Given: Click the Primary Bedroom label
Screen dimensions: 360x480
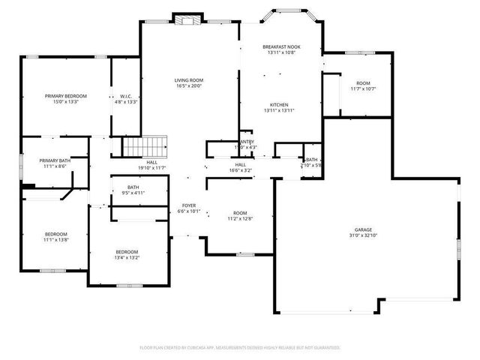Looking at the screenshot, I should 66,96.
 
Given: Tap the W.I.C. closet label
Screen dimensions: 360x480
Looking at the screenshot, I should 126,96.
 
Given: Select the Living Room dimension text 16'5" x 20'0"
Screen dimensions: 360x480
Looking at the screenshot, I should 189,86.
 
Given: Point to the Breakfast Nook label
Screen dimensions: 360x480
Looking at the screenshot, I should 281,47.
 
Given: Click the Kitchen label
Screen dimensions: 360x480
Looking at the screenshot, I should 279,104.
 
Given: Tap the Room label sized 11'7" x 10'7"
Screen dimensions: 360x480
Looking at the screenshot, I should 363,82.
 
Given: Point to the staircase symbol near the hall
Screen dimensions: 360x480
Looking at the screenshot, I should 145,145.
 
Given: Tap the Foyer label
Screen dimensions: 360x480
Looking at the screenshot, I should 189,205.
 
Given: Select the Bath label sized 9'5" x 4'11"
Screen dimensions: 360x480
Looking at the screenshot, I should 133,187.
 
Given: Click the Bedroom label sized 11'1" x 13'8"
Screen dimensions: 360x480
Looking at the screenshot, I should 55,234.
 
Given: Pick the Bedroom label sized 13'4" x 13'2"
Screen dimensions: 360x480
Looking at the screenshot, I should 127,251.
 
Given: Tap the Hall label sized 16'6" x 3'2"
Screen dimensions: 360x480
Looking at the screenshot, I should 240,164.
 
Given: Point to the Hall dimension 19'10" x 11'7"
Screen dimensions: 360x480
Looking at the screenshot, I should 151,167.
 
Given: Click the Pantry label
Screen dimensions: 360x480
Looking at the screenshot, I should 246,142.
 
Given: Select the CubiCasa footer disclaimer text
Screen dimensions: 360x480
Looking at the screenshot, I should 240,347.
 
